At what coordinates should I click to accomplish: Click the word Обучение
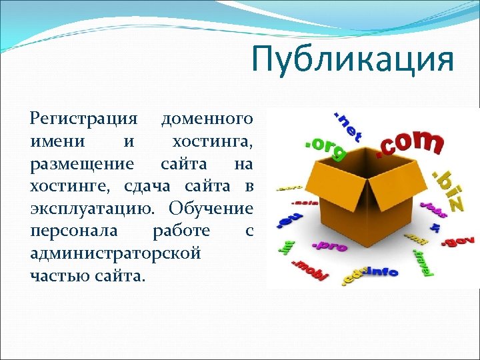tap(211, 208)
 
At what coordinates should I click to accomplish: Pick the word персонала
tap(74, 231)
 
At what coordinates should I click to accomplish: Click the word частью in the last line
tap(59, 275)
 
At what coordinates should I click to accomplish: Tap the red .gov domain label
tap(459, 239)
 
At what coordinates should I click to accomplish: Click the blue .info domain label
tap(381, 271)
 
